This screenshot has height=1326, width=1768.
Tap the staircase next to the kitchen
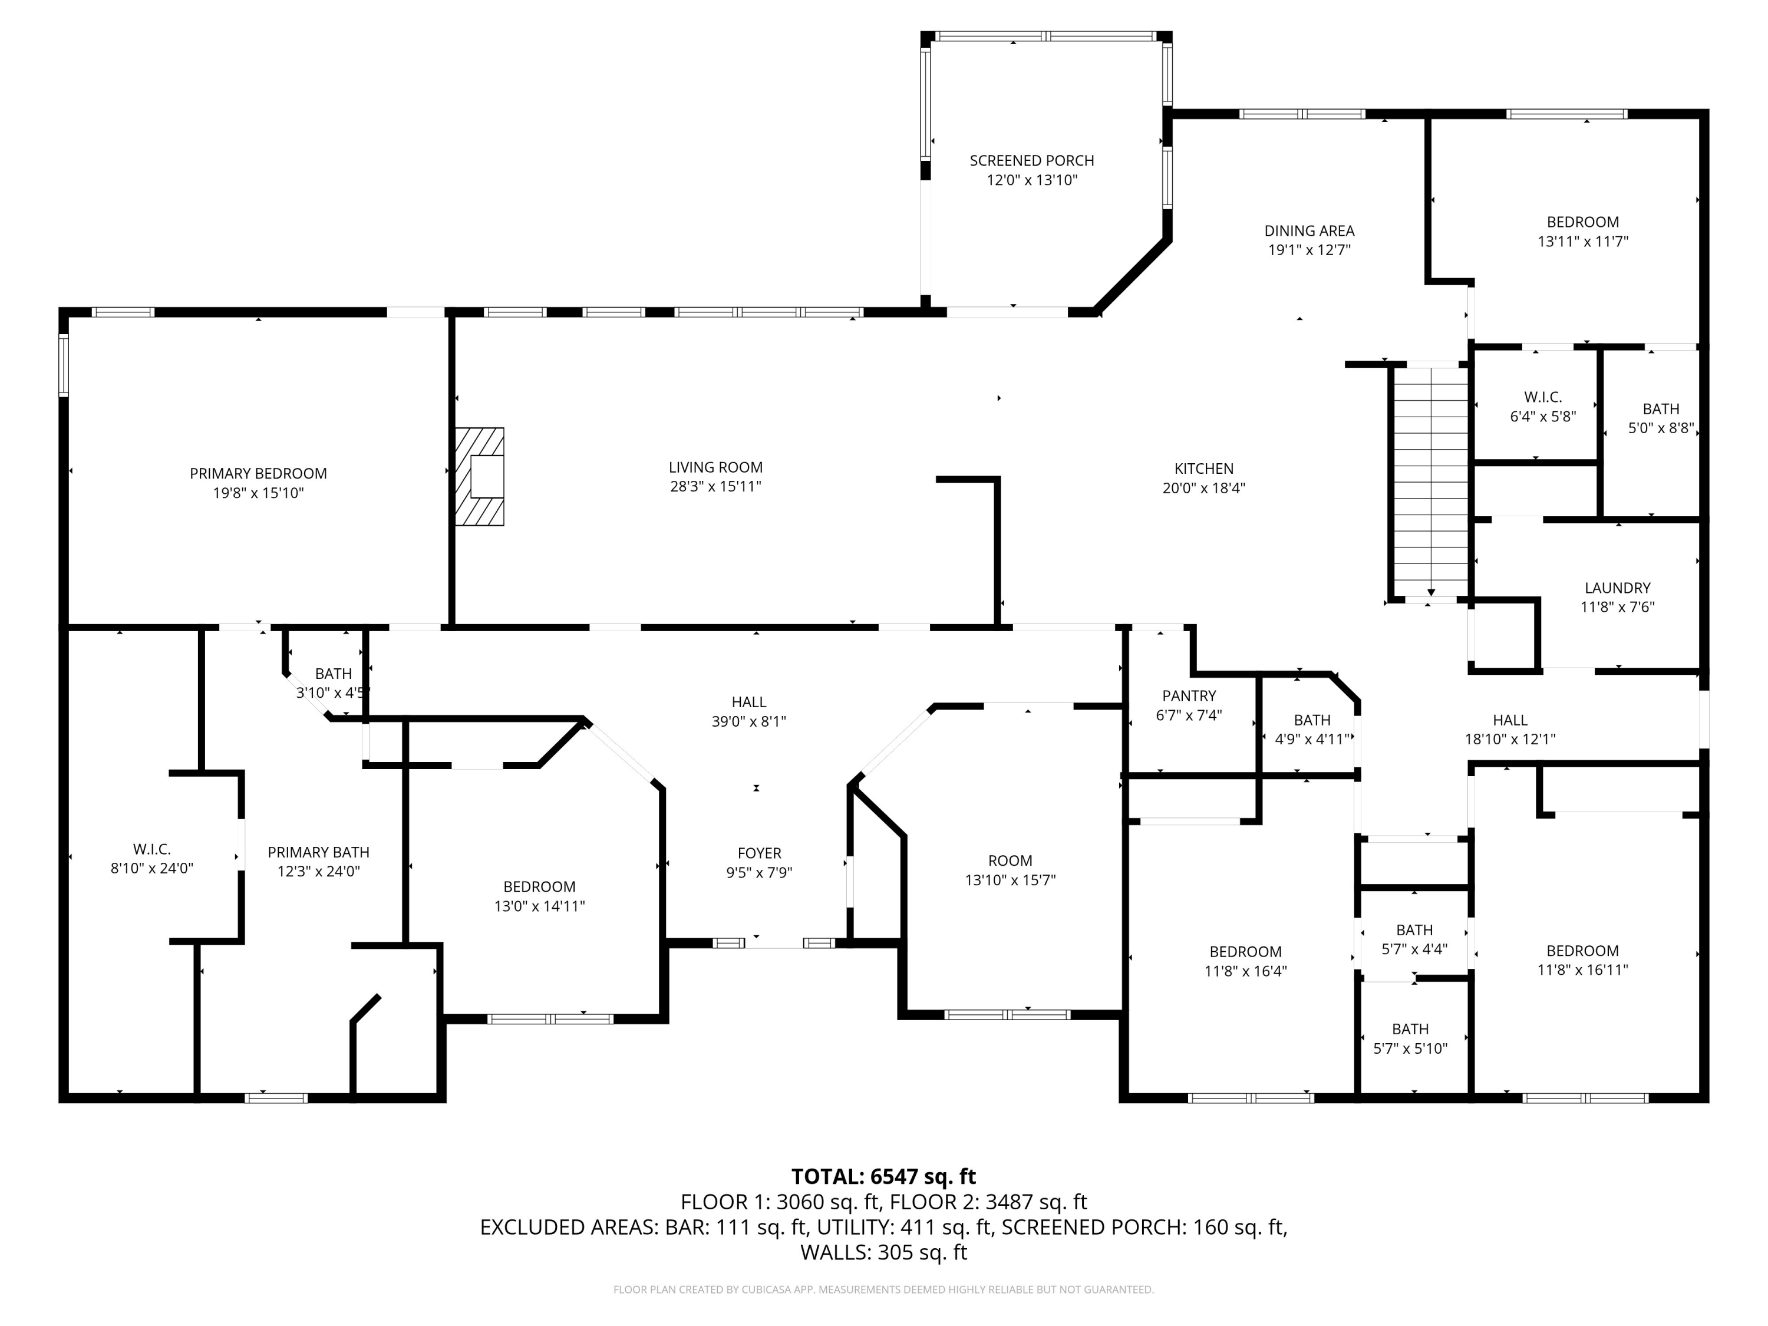click(1430, 480)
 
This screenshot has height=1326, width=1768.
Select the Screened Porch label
click(1031, 161)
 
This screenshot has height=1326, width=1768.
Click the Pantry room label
click(1189, 696)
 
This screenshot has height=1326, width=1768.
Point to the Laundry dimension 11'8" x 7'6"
click(1617, 606)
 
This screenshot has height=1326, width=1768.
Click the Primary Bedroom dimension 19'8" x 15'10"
click(258, 493)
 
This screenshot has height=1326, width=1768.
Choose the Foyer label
click(758, 853)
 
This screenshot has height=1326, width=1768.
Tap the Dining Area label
click(1308, 231)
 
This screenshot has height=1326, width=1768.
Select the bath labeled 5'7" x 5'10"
click(1410, 1039)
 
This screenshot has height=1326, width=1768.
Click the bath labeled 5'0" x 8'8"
click(1660, 418)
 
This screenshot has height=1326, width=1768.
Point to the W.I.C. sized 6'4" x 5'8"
click(1542, 407)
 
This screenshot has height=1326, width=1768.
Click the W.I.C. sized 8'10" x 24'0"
click(152, 859)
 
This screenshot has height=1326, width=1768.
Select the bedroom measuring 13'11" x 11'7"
click(1582, 232)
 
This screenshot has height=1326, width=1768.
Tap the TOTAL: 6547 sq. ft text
click(883, 1176)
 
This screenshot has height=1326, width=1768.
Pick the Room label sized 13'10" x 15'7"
click(1010, 861)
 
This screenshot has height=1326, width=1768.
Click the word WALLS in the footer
click(834, 1252)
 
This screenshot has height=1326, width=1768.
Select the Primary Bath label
click(318, 852)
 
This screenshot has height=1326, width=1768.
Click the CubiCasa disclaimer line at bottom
click(883, 1289)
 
